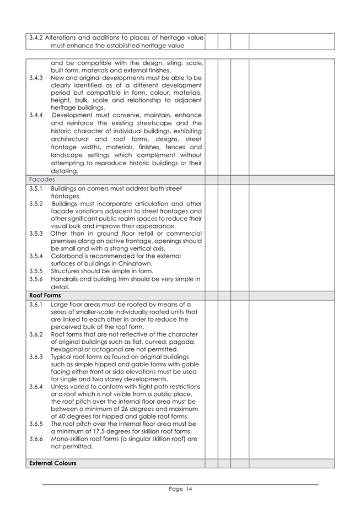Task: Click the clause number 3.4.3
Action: pyautogui.click(x=36, y=78)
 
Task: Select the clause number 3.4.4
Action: pyautogui.click(x=36, y=115)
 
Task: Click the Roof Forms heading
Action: pyautogui.click(x=45, y=295)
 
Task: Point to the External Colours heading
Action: pyautogui.click(x=53, y=463)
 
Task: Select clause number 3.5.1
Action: pyautogui.click(x=36, y=188)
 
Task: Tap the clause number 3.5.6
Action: pyautogui.click(x=36, y=279)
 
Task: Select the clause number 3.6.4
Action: pyautogui.click(x=36, y=387)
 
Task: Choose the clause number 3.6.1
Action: pyautogui.click(x=36, y=304)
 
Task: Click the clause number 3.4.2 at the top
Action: pyautogui.click(x=36, y=37)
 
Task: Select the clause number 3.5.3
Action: pyautogui.click(x=36, y=233)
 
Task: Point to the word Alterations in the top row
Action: pyautogui.click(x=62, y=37)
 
